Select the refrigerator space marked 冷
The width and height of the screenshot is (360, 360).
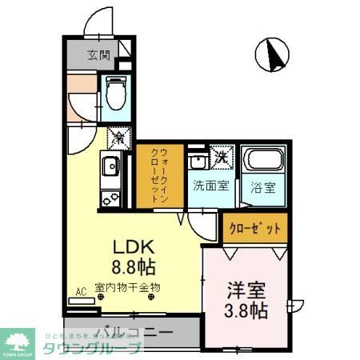click(115, 137)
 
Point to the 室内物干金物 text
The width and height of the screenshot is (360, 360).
click(128, 286)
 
